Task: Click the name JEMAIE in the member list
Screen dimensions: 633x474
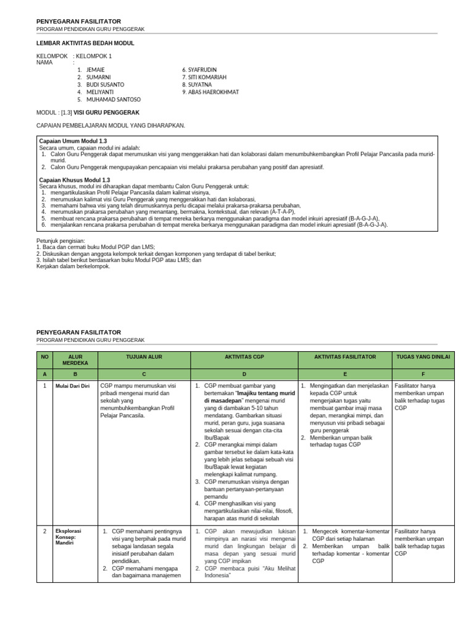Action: [x=96, y=70]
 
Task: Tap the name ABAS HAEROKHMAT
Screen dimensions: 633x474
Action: [x=212, y=92]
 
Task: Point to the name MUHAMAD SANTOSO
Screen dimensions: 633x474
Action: [x=113, y=100]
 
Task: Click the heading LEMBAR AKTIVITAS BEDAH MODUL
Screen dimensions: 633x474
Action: [x=85, y=43]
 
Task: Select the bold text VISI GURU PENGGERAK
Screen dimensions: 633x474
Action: [x=106, y=113]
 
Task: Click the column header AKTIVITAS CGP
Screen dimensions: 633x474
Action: [x=244, y=357]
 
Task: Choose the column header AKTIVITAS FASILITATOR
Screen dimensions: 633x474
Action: [x=345, y=357]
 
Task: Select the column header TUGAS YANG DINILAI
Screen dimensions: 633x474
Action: [x=423, y=357]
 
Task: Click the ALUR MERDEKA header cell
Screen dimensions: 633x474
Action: [x=75, y=360]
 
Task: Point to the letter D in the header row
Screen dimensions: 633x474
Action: [x=244, y=375]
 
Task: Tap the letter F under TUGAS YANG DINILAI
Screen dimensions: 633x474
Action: [x=423, y=375]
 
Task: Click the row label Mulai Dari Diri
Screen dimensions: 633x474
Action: [x=73, y=386]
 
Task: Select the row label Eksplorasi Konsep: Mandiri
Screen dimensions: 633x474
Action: [x=69, y=538]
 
